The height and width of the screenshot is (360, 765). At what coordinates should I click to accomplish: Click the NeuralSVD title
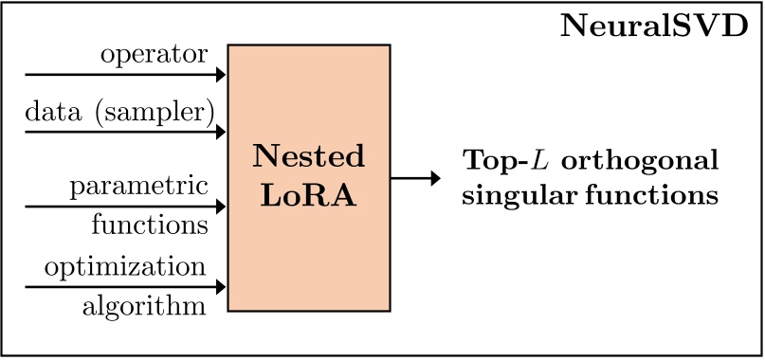pos(654,26)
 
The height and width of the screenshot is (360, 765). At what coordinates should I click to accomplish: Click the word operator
pos(155,55)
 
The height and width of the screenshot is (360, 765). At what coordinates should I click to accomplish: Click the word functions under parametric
pos(150,225)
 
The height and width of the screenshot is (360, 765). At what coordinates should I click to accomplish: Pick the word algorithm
pos(143,306)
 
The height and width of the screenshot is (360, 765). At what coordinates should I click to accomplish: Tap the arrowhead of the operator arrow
pos(221,74)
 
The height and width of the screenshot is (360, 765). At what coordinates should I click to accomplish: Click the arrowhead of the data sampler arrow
pos(221,131)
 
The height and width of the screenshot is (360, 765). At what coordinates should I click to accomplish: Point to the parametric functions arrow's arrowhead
pos(221,207)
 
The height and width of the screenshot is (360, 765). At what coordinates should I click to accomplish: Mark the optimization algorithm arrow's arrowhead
pos(221,285)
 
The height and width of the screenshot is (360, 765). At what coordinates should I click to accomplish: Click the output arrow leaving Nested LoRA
pos(416,177)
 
